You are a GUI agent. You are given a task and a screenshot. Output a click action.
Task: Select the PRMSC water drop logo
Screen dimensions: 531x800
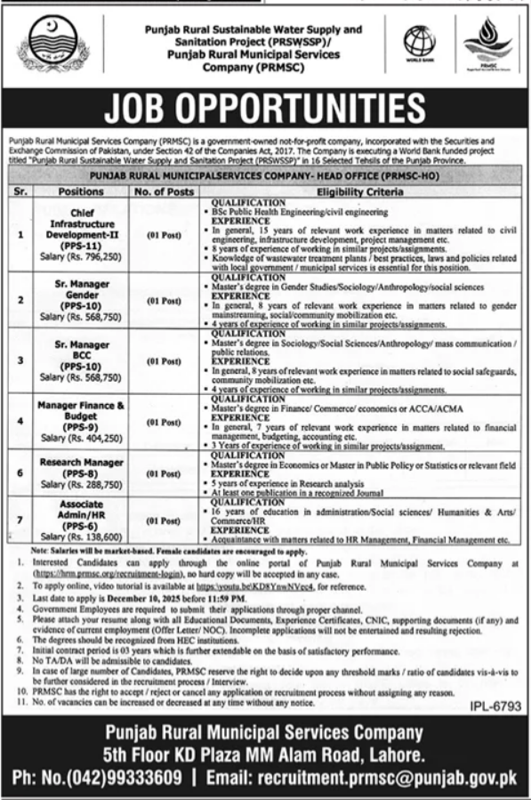coord(486,48)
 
